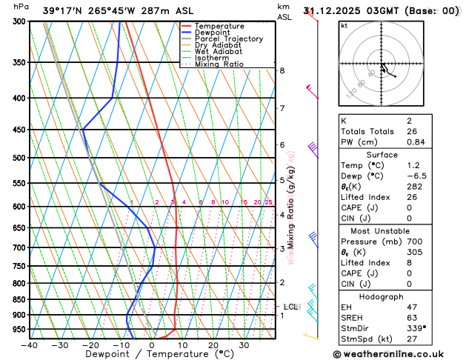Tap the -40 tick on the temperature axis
[29, 344]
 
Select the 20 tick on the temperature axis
[213, 344]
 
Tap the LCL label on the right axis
[291, 306]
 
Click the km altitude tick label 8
[282, 70]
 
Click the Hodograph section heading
[382, 296]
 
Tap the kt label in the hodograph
[344, 25]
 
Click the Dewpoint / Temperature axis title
[152, 354]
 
